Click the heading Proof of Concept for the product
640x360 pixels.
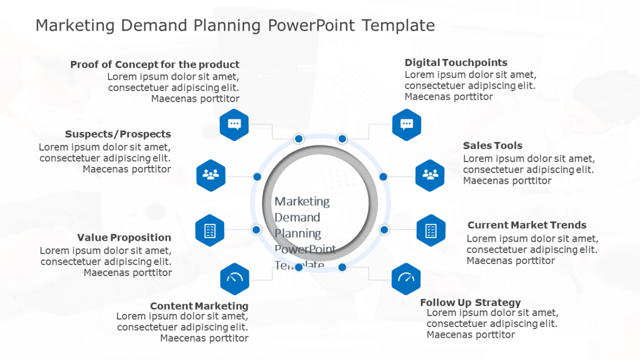tap(155, 65)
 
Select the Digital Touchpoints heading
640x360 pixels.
tap(456, 63)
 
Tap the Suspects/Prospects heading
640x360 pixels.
tap(118, 134)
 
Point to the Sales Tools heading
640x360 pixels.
tap(492, 146)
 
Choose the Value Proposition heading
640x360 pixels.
tap(124, 237)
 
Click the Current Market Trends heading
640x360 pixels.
tap(527, 225)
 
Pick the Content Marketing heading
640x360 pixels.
tap(199, 306)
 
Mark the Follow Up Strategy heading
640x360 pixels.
tap(470, 303)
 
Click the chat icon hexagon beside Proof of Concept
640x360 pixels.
tap(234, 124)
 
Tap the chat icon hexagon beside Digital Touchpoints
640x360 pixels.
tap(407, 125)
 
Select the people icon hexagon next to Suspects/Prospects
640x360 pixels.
tap(210, 175)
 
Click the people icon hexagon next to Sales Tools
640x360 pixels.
tap(430, 175)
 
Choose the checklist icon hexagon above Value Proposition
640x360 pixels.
tap(210, 230)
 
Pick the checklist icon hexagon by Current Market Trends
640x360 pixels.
tap(431, 230)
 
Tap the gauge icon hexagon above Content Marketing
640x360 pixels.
tap(234, 279)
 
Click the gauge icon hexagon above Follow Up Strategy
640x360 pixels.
tap(406, 279)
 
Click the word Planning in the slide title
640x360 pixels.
tap(228, 25)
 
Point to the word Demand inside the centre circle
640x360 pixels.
tap(297, 217)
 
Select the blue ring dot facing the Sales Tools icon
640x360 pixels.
tap(383, 177)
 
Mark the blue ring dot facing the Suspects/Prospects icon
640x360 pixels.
tap(257, 177)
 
